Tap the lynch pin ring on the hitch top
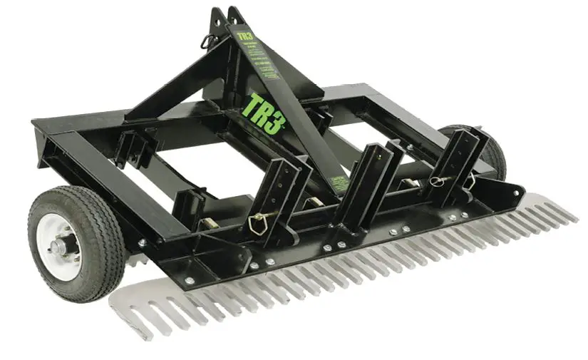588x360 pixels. pos(208,42)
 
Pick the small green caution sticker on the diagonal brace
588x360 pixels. pos(341,182)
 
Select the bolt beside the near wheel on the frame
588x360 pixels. pos(142,243)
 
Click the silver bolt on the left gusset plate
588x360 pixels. pos(189,280)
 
